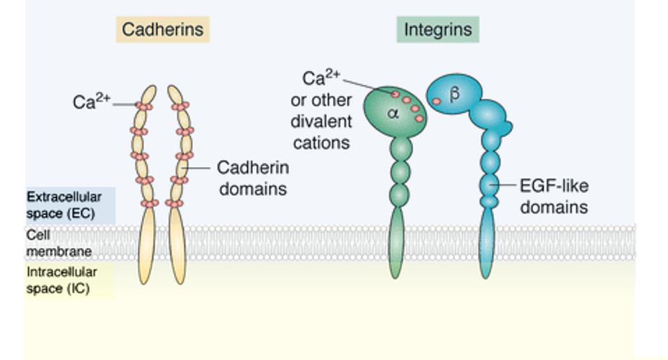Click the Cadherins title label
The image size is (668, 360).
click(163, 30)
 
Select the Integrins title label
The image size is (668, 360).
click(437, 30)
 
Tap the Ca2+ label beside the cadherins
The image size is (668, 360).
click(91, 102)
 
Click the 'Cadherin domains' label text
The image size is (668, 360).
click(253, 178)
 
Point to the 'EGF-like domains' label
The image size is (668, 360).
click(554, 196)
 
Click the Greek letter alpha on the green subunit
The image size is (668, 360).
click(393, 113)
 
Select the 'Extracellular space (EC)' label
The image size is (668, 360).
click(63, 205)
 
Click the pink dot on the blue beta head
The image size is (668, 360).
click(437, 102)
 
